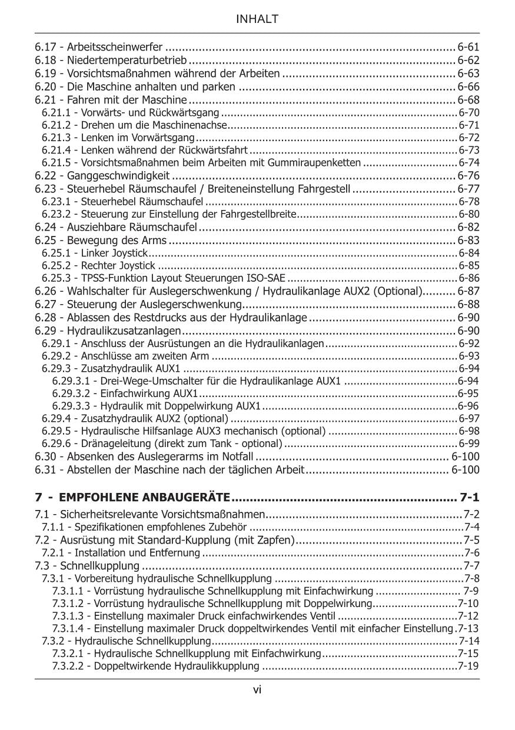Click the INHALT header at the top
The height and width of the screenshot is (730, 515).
257,19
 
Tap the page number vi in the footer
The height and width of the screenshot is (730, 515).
257,690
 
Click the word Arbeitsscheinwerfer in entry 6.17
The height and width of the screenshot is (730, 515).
116,46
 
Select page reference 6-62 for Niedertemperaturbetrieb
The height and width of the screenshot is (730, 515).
469,60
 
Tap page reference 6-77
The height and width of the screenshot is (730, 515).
469,189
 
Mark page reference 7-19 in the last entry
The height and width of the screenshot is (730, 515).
468,666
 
